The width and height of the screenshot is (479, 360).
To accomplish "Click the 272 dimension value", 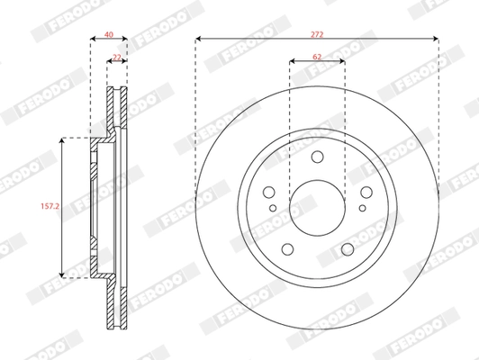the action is pos(317,34).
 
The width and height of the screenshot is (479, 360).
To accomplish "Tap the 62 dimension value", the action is pos(317,57).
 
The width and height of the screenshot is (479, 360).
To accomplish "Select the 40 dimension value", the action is pos(109,34).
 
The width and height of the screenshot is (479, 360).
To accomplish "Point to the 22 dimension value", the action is pos(117,57).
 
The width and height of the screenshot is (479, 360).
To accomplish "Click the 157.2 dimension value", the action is pos(50,206).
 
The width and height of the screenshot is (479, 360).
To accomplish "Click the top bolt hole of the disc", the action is pos(318,157).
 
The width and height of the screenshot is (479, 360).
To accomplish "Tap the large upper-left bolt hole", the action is pos(269,192).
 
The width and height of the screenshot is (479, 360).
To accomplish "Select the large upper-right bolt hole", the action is pos(366,192).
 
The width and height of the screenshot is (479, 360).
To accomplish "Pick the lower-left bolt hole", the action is pos(287,249).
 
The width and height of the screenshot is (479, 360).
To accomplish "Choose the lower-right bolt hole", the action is pos(348,249).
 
